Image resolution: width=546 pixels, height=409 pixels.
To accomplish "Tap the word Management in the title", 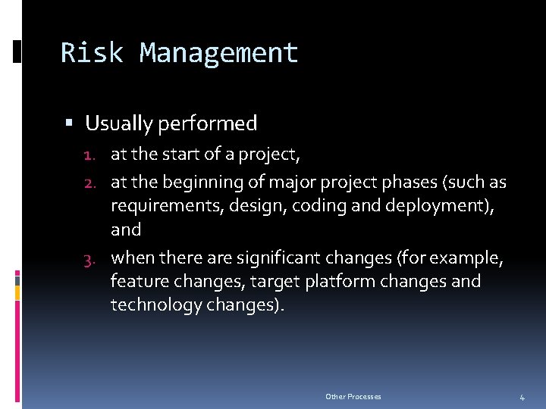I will [219, 53].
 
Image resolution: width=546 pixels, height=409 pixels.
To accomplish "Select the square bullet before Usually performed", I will [69, 123].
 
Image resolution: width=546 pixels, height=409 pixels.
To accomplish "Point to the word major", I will [281, 183].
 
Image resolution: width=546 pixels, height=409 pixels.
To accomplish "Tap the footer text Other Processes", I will [353, 397].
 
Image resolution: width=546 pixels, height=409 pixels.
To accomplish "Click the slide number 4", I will [522, 398].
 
